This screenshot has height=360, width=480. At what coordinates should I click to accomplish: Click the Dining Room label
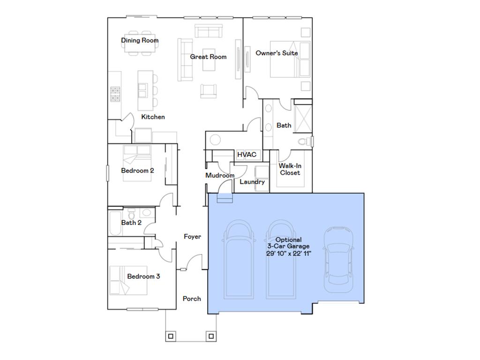140,40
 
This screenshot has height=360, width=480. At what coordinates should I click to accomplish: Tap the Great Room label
208,57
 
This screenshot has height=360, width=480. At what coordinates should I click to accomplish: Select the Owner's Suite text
277,53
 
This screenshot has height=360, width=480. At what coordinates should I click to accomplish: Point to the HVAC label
246,154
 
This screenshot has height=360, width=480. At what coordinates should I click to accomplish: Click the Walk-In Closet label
290,169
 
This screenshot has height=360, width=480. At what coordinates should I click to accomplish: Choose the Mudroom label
220,175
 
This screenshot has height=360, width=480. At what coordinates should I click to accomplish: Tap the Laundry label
252,182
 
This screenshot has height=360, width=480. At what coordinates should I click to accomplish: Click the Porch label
192,299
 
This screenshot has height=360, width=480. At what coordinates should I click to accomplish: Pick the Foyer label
192,237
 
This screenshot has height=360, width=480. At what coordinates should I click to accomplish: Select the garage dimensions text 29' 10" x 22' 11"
288,253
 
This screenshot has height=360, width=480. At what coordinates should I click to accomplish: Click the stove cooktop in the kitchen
116,94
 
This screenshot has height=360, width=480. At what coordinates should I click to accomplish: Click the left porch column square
171,336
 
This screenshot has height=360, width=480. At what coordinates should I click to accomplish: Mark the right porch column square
211,336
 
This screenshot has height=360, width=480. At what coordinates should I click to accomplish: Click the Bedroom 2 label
137,171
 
